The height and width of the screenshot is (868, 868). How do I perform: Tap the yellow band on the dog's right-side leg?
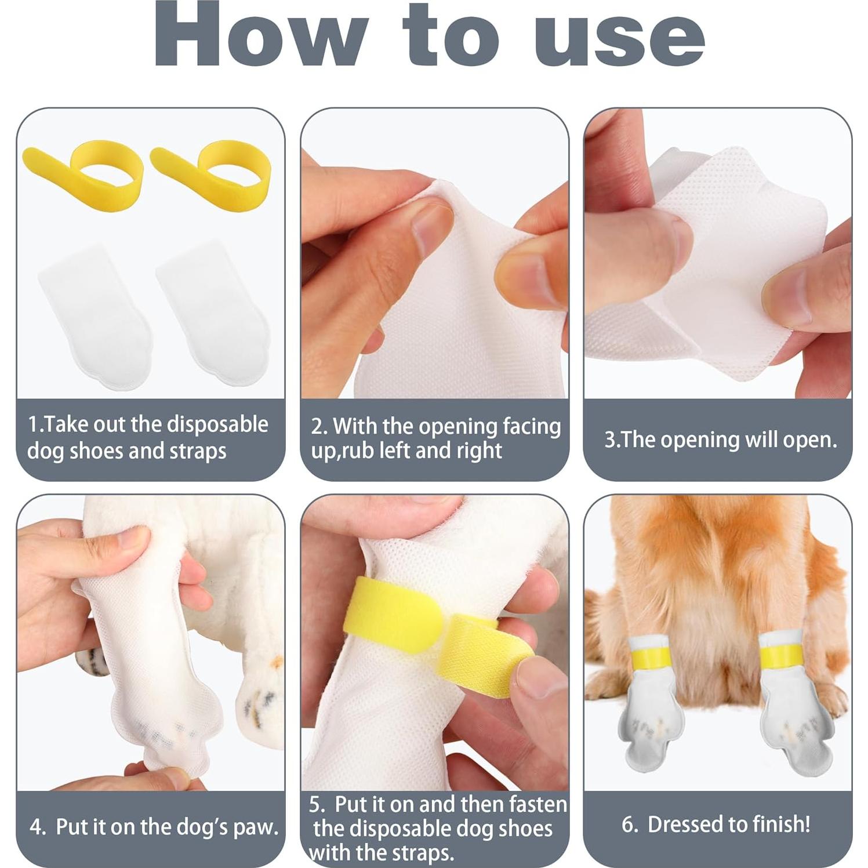click(x=780, y=655)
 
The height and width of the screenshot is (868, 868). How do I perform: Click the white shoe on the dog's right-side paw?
click(x=794, y=725)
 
